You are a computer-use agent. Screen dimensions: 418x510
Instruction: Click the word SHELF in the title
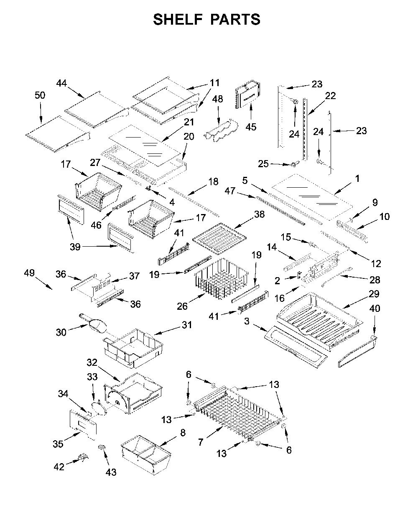click(x=178, y=19)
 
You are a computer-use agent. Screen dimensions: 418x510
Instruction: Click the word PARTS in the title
click(x=235, y=19)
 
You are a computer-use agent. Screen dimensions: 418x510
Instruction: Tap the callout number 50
click(x=40, y=95)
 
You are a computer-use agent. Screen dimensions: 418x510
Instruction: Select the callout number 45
click(x=251, y=127)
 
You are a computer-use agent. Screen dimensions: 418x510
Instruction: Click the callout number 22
click(x=330, y=96)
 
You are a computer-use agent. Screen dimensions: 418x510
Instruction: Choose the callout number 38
click(x=259, y=214)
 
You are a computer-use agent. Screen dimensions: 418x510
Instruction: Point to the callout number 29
click(x=374, y=294)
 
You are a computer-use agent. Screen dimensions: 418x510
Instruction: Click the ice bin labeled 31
click(x=133, y=348)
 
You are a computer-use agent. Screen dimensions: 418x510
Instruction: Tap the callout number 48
click(x=218, y=99)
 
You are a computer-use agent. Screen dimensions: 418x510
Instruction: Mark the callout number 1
click(x=357, y=178)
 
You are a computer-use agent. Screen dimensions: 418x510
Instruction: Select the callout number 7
click(x=200, y=442)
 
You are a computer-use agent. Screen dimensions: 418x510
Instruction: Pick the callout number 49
click(x=29, y=273)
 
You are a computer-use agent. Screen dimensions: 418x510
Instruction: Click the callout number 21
click(x=189, y=122)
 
